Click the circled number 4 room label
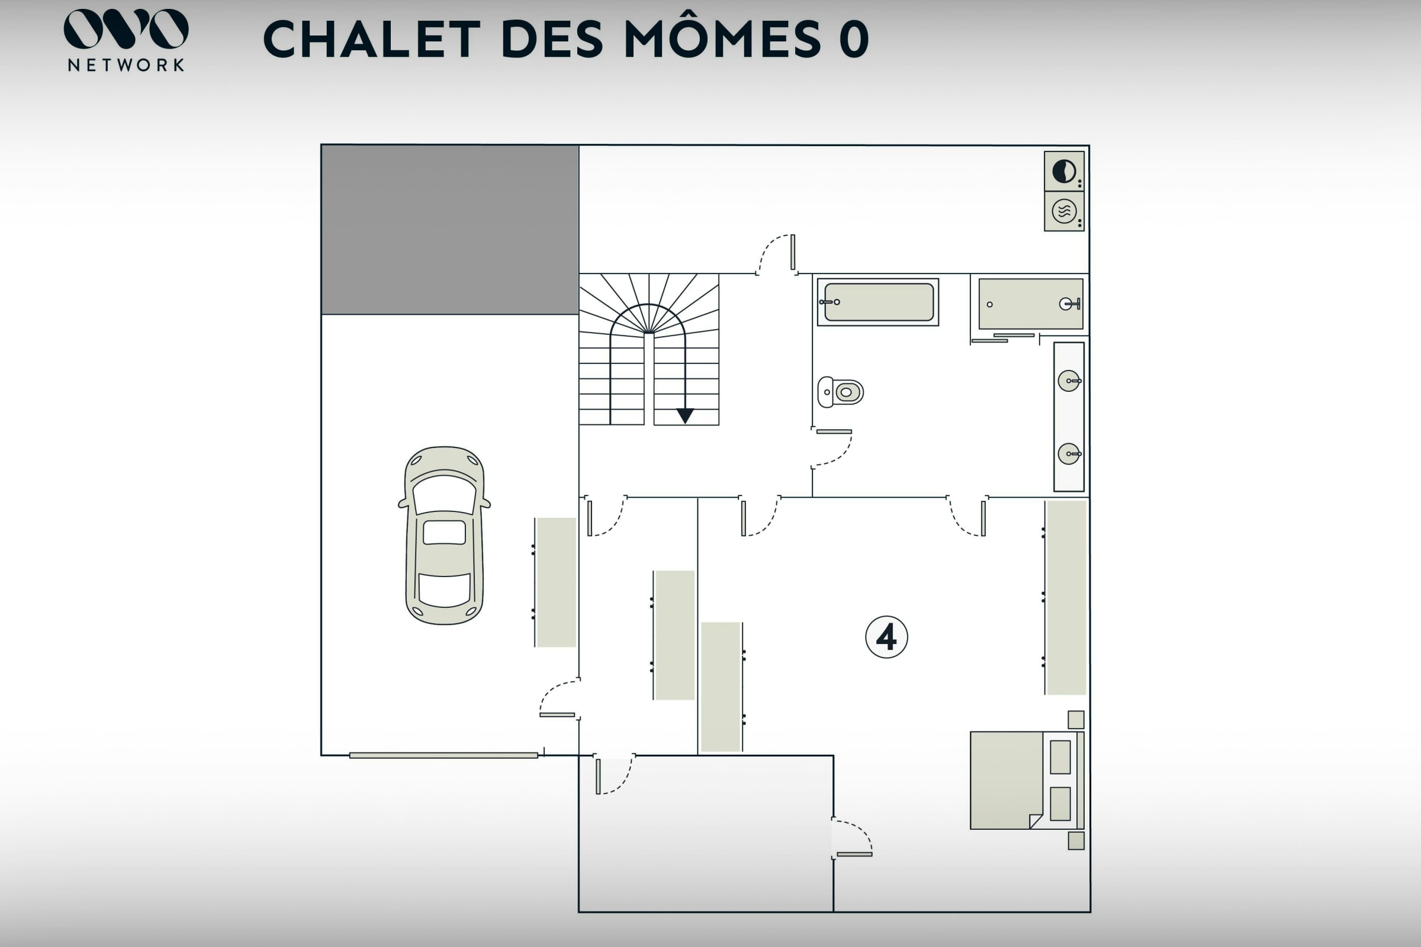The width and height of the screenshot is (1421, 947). pos(886,637)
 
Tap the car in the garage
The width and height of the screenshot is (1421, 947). pos(444,536)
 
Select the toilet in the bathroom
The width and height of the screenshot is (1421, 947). pos(840,392)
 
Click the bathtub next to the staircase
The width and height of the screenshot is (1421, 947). pos(878,302)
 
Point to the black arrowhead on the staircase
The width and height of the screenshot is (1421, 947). pos(685,416)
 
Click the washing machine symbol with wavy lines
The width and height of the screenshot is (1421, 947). pos(1064,211)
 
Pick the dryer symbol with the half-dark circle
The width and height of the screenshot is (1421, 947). pos(1064,172)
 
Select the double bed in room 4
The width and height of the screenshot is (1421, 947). pos(1027,780)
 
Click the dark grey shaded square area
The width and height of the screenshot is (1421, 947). pos(449,230)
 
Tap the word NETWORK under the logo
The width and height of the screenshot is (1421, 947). pos(126,65)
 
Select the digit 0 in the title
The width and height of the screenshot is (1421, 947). pos(854,39)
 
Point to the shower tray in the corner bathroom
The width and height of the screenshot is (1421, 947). pos(1031,304)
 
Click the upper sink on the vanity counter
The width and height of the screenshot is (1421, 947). pos(1069,381)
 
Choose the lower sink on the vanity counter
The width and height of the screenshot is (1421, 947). pos(1069,453)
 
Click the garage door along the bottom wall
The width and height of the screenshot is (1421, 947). pos(443,755)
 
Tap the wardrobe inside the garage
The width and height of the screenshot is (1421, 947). pos(556,582)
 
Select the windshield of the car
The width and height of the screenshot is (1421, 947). pos(444,494)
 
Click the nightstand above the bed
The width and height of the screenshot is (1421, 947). pos(1076,719)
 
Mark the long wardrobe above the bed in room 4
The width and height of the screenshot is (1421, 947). pos(1066,597)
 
